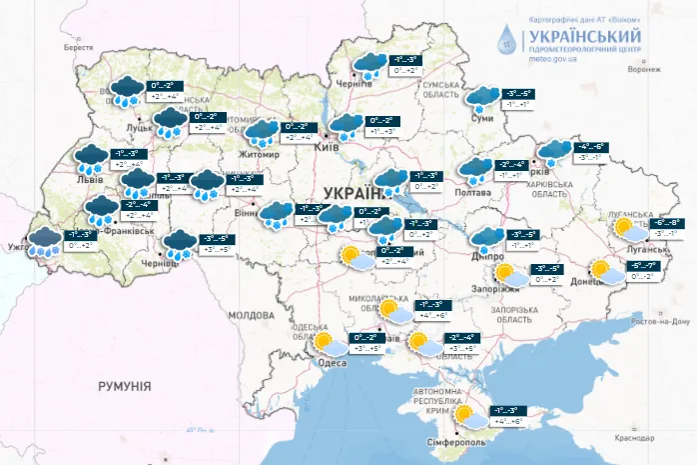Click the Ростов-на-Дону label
tap(661, 322)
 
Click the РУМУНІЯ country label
tap(124, 385)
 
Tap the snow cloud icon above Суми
tap(484, 96)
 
